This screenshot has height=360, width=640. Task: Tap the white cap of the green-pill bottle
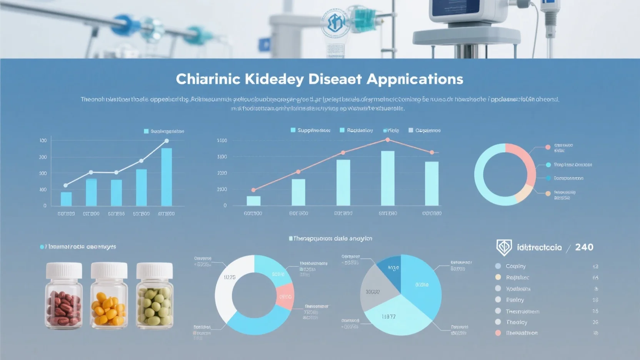coord(155,270)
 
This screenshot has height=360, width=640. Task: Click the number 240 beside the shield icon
coord(584,247)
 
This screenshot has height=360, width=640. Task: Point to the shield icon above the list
coord(504,247)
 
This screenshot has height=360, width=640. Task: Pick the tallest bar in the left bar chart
coord(167,177)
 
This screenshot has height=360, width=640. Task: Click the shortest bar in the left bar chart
coord(66,199)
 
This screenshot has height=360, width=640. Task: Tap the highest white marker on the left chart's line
coord(167,141)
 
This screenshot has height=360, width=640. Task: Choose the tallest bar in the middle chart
coord(388,178)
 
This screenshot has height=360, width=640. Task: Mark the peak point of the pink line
coord(388,140)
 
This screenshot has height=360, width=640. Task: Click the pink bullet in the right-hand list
coord(498,333)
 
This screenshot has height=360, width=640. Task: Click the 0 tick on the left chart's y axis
coord(45,206)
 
